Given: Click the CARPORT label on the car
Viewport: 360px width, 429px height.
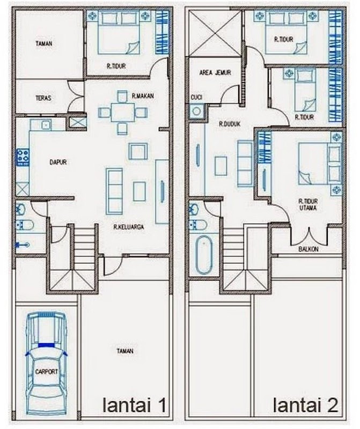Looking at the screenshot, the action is tap(47, 372).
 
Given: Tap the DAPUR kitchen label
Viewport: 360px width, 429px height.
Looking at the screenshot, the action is tap(58, 162).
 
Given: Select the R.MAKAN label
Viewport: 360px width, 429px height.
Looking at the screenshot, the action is tap(143, 96).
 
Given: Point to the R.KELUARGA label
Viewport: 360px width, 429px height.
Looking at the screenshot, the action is tap(129, 227).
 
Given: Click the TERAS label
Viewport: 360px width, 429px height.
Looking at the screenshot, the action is tap(43, 98).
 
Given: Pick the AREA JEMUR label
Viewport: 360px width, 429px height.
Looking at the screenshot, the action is tap(215, 73).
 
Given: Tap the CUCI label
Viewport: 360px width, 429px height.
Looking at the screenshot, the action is tap(196, 98).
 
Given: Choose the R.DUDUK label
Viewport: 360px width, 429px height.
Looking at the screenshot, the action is tap(230, 124).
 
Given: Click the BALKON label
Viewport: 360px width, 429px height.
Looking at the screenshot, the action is tap(308, 249).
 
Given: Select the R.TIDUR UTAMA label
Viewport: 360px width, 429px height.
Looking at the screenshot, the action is tap(308, 205).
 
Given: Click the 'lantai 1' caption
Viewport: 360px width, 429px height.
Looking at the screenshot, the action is tap(135, 405).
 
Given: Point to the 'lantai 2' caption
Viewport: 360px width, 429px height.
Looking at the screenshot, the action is tap(305, 405).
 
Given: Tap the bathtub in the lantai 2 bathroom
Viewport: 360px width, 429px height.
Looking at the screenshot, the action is tap(204, 255).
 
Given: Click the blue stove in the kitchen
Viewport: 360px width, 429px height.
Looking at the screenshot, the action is tap(23, 157).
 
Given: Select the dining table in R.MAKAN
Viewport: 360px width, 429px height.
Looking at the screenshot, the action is tap(123, 113).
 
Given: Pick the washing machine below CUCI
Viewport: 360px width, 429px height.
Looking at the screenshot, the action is tap(196, 111).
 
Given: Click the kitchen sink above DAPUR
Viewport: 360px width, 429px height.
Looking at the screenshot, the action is tap(47, 125).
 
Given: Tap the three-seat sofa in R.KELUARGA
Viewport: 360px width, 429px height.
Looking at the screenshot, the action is tap(114, 191).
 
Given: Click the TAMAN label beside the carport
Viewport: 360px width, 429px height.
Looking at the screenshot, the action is tap(125, 351).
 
